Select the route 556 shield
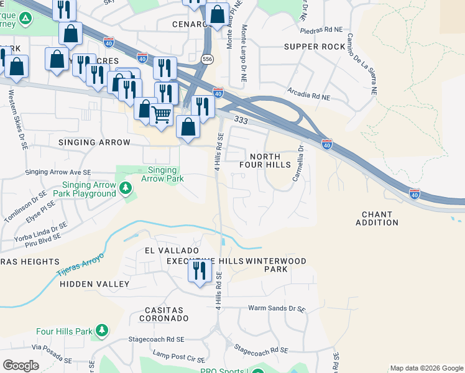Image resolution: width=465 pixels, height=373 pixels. pyautogui.click(x=205, y=59)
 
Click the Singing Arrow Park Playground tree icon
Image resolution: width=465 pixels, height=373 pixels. pyautogui.click(x=125, y=186)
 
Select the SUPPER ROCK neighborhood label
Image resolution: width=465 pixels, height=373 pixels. pyautogui.click(x=314, y=47)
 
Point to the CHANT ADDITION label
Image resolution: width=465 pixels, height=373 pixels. pyautogui.click(x=377, y=218)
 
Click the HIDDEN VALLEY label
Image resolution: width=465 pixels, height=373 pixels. pyautogui.click(x=94, y=284)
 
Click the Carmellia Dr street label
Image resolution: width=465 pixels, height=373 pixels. pyautogui.click(x=298, y=163)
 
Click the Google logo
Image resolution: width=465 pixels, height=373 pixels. pyautogui.click(x=21, y=366)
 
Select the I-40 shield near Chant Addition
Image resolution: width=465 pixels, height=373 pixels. pyautogui.click(x=415, y=193)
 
